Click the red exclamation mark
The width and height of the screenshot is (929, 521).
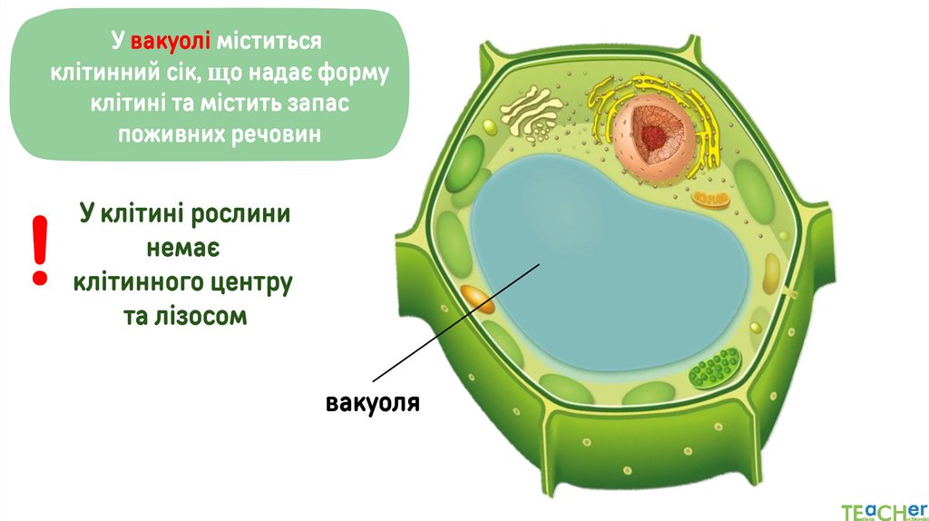pos(39,251)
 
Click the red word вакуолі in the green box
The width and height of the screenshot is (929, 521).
pos(171,42)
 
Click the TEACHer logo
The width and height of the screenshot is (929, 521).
pos(883,508)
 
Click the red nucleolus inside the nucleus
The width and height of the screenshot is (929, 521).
pos(651,136)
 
